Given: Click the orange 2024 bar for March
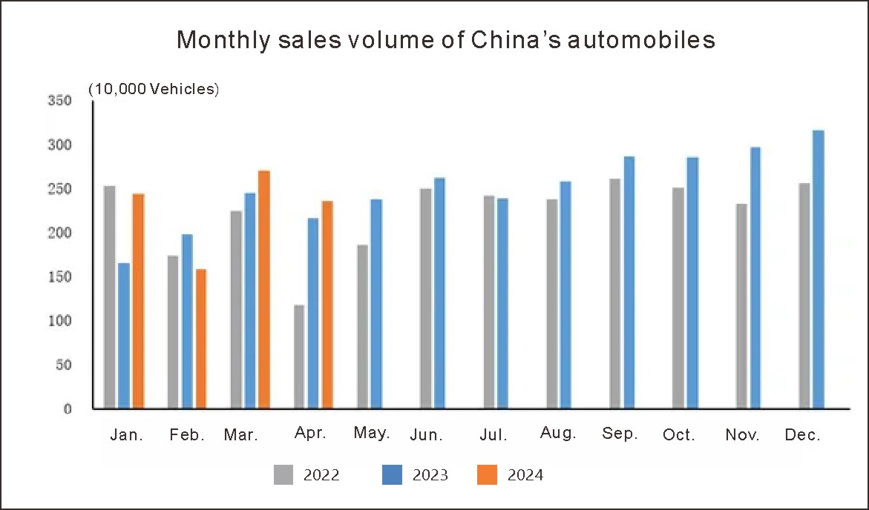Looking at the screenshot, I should [263, 289].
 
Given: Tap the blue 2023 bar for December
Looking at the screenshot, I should [819, 269].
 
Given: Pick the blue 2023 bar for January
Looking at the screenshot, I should [123, 335].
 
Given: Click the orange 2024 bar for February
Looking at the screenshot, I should [200, 338].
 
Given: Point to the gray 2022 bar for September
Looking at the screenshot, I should [615, 293].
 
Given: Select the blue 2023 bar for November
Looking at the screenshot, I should [755, 277].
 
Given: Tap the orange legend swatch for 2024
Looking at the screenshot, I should [487, 474].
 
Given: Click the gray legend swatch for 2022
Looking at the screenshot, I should [283, 474].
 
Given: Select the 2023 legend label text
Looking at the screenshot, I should [430, 475].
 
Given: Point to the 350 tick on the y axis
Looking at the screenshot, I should [61, 101].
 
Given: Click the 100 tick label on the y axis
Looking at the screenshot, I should [61, 321].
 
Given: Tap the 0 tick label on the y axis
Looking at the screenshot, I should [68, 408].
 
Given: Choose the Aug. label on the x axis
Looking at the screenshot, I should [558, 434].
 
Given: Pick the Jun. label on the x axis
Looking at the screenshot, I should [426, 435].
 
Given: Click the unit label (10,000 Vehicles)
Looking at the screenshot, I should [154, 90].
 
